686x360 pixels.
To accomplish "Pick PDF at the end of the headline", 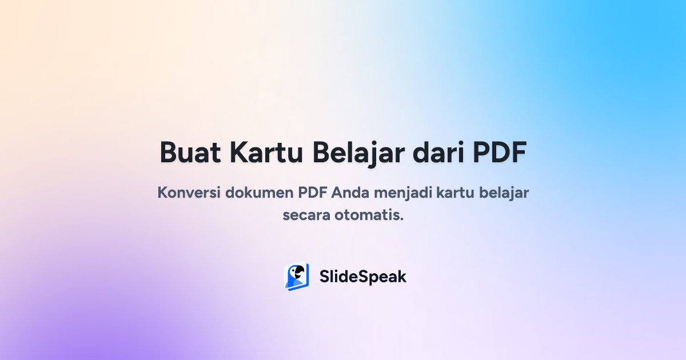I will pyautogui.click(x=498, y=153).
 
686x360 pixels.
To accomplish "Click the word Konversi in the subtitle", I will pyautogui.click(x=189, y=192).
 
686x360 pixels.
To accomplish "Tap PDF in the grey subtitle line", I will pyautogui.click(x=313, y=192).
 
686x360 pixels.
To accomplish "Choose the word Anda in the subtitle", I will pyautogui.click(x=351, y=192).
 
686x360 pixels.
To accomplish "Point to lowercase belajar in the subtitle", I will pyautogui.click(x=505, y=192).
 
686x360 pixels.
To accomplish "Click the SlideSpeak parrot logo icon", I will pyautogui.click(x=296, y=277).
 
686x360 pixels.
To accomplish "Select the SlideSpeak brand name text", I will pyautogui.click(x=362, y=277).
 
